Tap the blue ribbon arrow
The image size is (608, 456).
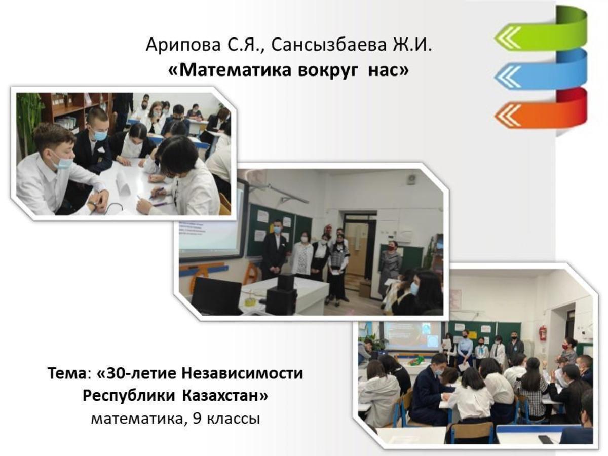(x=540, y=71)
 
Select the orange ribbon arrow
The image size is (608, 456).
(x=540, y=111)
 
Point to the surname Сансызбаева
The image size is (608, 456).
(x=329, y=45)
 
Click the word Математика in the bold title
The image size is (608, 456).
(x=235, y=70)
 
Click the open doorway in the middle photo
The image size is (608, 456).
(x=359, y=249)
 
